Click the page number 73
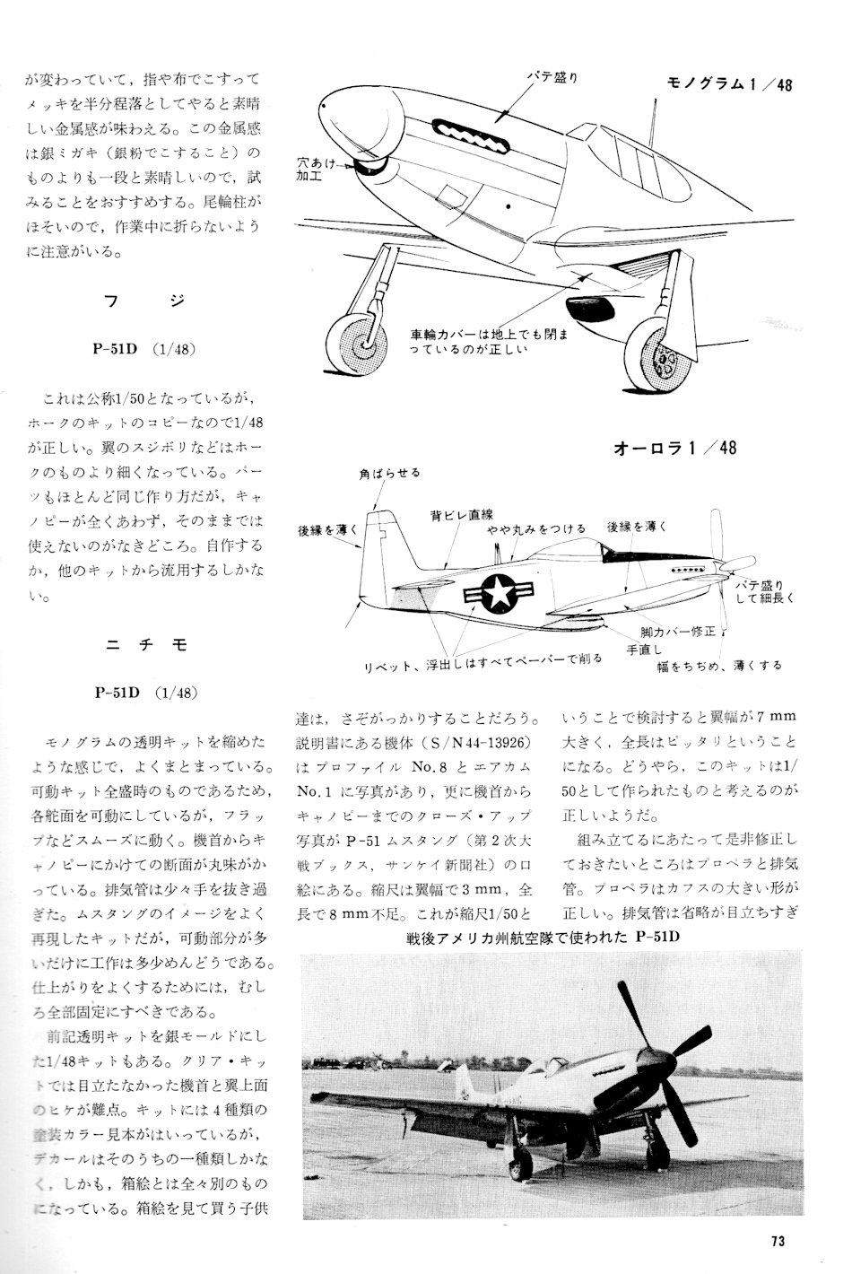(778, 1242)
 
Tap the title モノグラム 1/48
(729, 85)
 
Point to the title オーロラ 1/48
(674, 447)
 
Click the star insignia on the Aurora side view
(494, 592)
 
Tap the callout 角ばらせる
(389, 473)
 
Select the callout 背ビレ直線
(462, 515)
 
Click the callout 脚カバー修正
(678, 632)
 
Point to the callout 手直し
(644, 649)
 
